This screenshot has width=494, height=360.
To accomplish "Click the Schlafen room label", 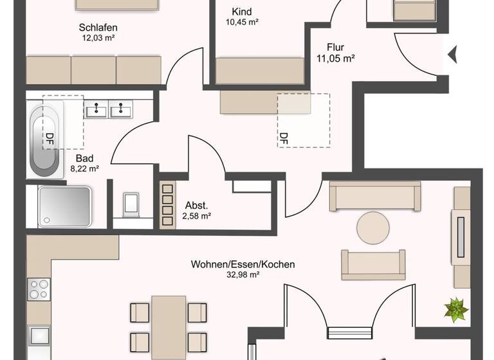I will pos(98,28).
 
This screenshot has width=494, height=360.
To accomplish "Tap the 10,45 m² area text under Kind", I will pos(242,22).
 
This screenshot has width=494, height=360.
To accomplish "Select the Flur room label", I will pos(335,47).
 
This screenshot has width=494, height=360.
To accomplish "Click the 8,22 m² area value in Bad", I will pos(84,168).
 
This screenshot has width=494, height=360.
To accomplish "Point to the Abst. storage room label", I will pos(196,205).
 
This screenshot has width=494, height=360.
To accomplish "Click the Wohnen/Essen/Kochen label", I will pos(242,264).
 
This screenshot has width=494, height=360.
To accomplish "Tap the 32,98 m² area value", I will pos(242,274).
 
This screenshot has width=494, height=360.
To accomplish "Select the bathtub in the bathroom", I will pos(46,141).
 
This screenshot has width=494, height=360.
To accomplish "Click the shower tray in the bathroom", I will pos(64,206).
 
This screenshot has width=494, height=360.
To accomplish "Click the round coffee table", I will pos(373,228).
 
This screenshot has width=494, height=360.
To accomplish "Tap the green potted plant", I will pos(456,310).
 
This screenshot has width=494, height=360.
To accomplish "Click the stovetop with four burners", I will pos(39,288).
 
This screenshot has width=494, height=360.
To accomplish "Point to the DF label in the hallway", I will pos(284,137).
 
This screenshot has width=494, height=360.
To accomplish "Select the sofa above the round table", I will pos(375,195).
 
